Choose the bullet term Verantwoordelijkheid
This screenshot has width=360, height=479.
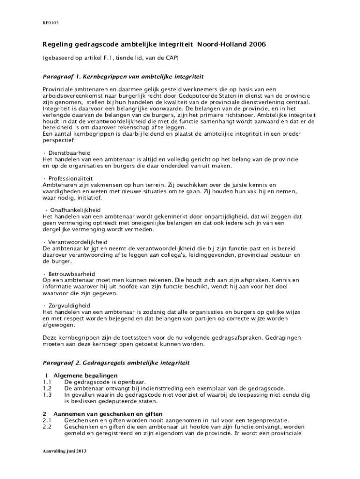pos(78,242)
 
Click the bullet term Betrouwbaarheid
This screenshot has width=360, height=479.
pos(72,274)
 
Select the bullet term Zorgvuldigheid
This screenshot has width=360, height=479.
pos(70,305)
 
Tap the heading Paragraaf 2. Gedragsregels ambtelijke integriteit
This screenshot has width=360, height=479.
pos(116,363)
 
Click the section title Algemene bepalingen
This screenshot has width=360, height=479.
pos(86,376)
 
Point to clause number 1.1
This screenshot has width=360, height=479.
pos(47,382)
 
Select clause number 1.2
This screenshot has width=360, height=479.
pos(47,388)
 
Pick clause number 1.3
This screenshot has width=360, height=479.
pos(47,395)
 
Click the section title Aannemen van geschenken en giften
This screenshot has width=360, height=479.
pos(108,414)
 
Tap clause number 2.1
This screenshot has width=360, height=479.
pos(47,420)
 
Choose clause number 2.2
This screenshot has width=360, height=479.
pos(47,427)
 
